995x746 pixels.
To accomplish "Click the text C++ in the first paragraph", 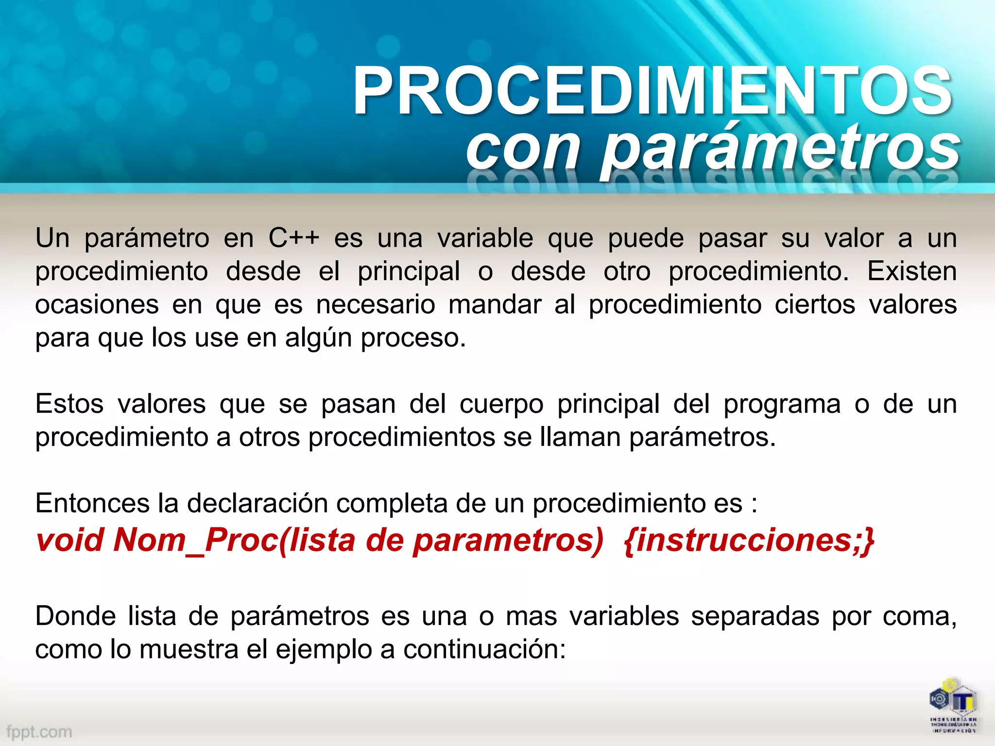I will (x=294, y=238).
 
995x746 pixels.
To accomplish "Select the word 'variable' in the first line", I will (x=485, y=238).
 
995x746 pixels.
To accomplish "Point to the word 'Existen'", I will (x=912, y=271).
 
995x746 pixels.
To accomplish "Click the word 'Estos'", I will (x=69, y=404).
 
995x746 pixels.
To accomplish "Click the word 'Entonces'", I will (x=92, y=503).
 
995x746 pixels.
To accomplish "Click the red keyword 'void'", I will (x=70, y=540).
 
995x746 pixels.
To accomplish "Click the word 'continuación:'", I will (x=484, y=649).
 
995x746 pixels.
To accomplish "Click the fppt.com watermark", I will (x=39, y=731).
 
